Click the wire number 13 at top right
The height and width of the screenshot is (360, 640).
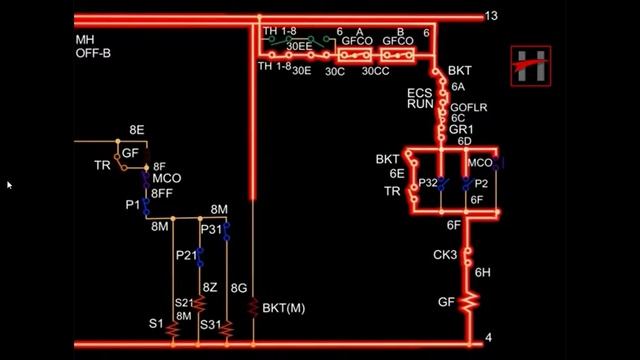tap(491, 16)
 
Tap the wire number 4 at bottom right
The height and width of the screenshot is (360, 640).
tap(488, 338)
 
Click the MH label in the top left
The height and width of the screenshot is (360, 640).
tap(85, 41)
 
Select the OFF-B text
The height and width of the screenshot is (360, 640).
tap(93, 53)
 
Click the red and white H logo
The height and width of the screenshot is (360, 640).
tap(530, 66)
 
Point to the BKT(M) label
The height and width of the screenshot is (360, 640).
tap(283, 308)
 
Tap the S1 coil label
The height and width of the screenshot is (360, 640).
tap(156, 324)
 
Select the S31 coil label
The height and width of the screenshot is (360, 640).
tap(210, 324)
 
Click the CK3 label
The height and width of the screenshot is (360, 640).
tap(445, 256)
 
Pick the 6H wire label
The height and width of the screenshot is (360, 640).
tap(482, 272)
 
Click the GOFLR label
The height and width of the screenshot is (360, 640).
tap(469, 106)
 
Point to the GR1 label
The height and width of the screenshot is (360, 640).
tap(461, 130)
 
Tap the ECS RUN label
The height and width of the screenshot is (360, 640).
tap(420, 98)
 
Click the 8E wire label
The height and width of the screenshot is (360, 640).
tap(137, 130)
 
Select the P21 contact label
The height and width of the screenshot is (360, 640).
tap(187, 255)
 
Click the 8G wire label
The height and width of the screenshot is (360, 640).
tap(238, 288)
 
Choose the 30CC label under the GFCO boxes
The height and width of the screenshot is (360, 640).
tap(376, 71)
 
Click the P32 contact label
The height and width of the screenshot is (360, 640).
tap(428, 183)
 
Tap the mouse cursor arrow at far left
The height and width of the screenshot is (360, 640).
tap(9, 185)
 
